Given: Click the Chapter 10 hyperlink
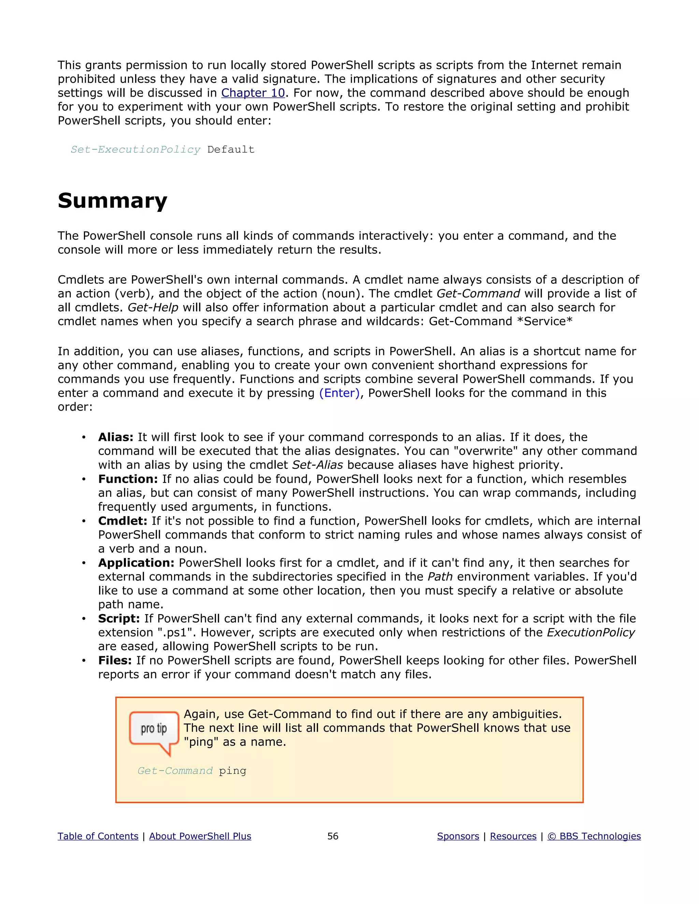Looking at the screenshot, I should point(253,93).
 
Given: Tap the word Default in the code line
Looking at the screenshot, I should point(231,149).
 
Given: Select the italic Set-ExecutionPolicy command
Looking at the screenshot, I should point(135,149).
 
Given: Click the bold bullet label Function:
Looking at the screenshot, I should point(128,479).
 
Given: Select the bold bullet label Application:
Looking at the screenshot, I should point(136,563).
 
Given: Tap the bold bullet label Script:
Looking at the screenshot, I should point(119,618).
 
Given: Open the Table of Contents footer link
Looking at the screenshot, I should point(98,836).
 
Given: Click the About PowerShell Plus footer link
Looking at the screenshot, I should point(200,836).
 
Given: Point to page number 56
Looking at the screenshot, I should point(332,836).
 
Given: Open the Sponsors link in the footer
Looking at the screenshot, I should point(458,836).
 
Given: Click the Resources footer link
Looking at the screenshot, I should point(513,836).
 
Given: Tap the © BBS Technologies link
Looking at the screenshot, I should point(594,836).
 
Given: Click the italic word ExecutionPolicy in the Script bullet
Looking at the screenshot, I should point(590,632).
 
